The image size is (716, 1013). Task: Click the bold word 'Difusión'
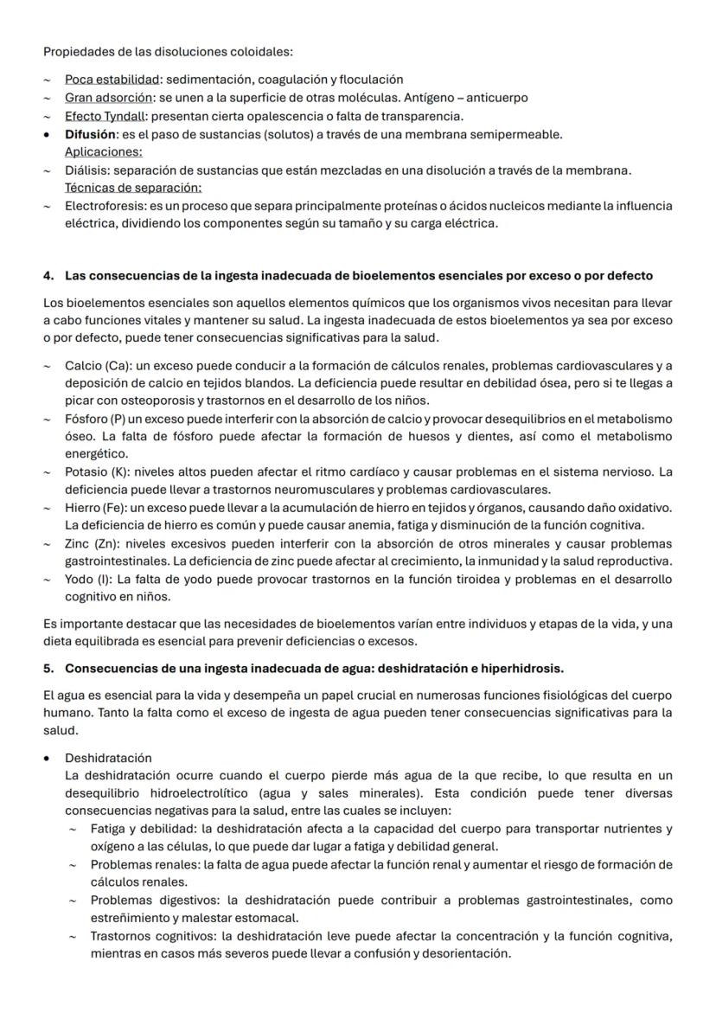tap(90, 134)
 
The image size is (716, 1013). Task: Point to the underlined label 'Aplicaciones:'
tap(104, 152)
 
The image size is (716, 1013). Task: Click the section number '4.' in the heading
tap(48, 276)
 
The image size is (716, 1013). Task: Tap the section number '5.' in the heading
tap(48, 669)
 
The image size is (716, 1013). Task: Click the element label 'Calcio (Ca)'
tap(97, 365)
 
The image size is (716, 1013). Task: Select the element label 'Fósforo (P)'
tap(96, 419)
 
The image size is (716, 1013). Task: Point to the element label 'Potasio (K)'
tap(97, 471)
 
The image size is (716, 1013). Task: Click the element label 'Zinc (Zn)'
tap(90, 543)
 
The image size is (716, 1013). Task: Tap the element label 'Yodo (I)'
tap(89, 579)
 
